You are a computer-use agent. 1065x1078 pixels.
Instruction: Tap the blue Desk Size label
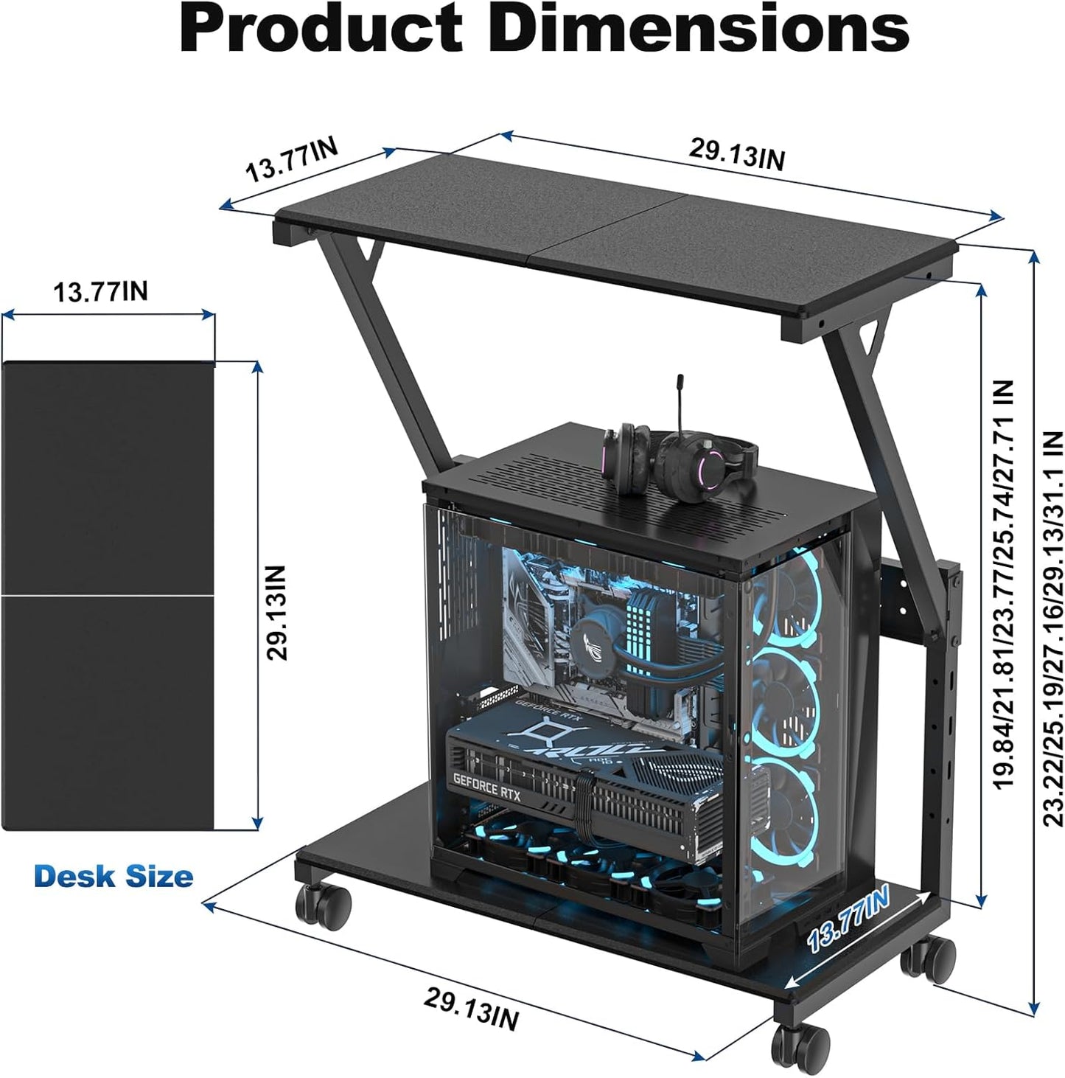(114, 877)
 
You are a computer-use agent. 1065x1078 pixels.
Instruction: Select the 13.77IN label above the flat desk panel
(100, 292)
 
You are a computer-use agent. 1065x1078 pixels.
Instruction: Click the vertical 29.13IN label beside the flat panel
(276, 612)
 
